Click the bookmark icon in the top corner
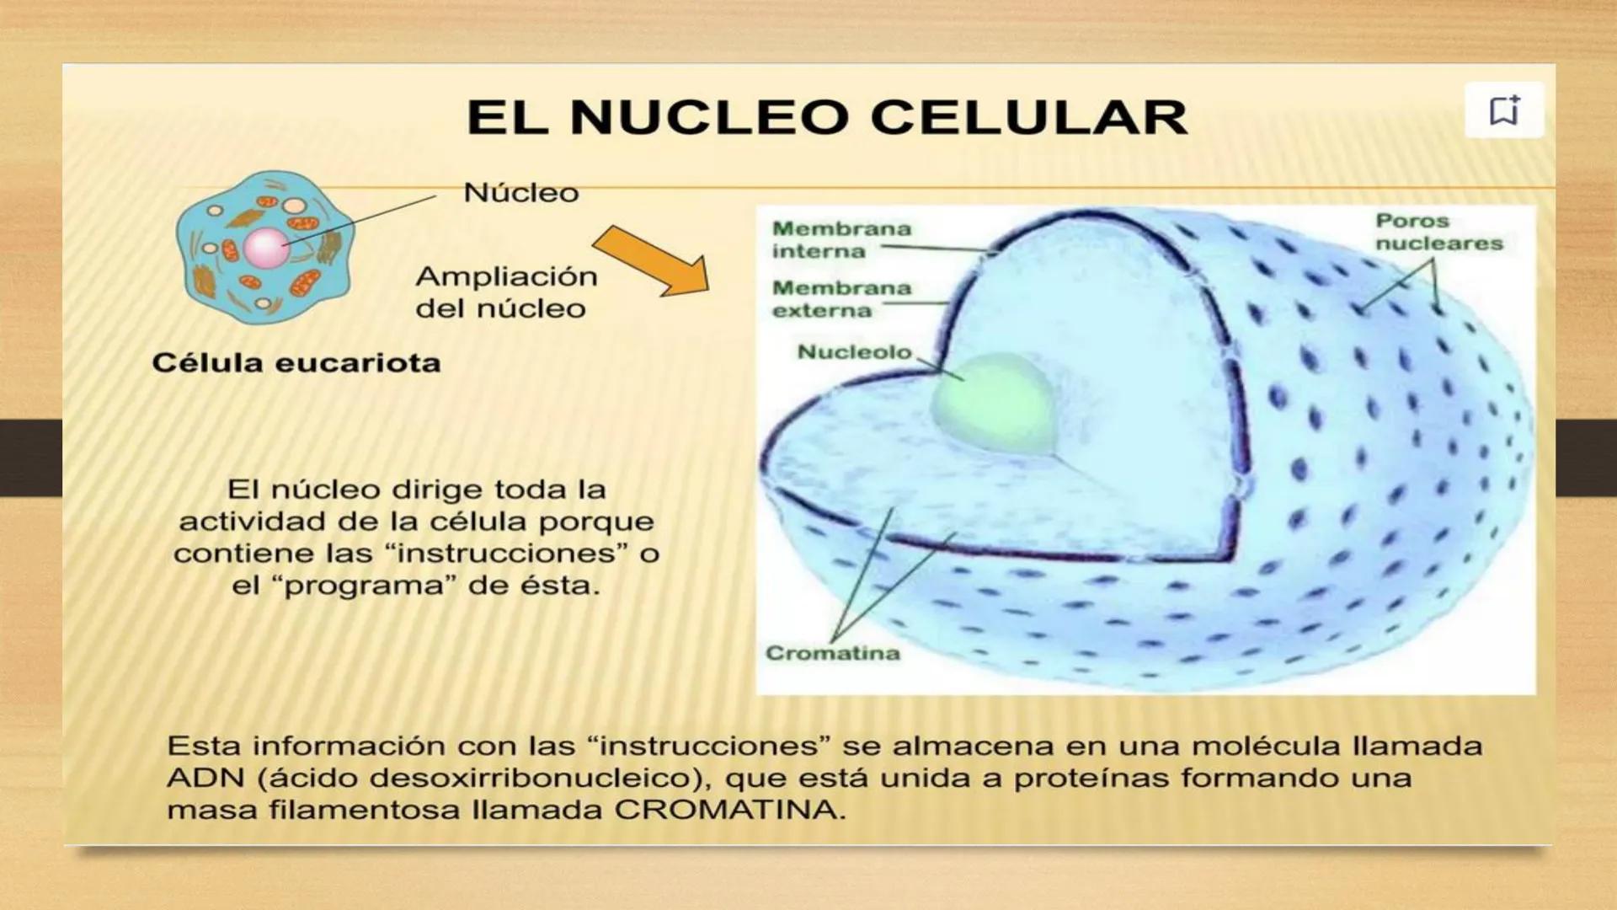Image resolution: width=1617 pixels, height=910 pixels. tap(1504, 110)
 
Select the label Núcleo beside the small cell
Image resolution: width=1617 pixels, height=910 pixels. tap(520, 193)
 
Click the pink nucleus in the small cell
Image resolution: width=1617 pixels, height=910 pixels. tap(266, 248)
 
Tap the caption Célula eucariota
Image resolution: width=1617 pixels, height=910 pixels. tap(296, 363)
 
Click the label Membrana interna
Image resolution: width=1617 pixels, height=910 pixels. tap(841, 239)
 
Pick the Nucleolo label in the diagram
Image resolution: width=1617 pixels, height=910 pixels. tap(854, 351)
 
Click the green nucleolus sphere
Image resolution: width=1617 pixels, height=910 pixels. tap(995, 404)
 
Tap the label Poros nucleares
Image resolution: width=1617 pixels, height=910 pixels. tap(1438, 232)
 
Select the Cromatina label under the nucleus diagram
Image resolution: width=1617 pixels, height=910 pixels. tap(832, 653)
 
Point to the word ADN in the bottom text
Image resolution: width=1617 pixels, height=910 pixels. tap(205, 778)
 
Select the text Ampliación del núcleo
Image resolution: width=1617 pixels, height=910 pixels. tap(505, 292)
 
